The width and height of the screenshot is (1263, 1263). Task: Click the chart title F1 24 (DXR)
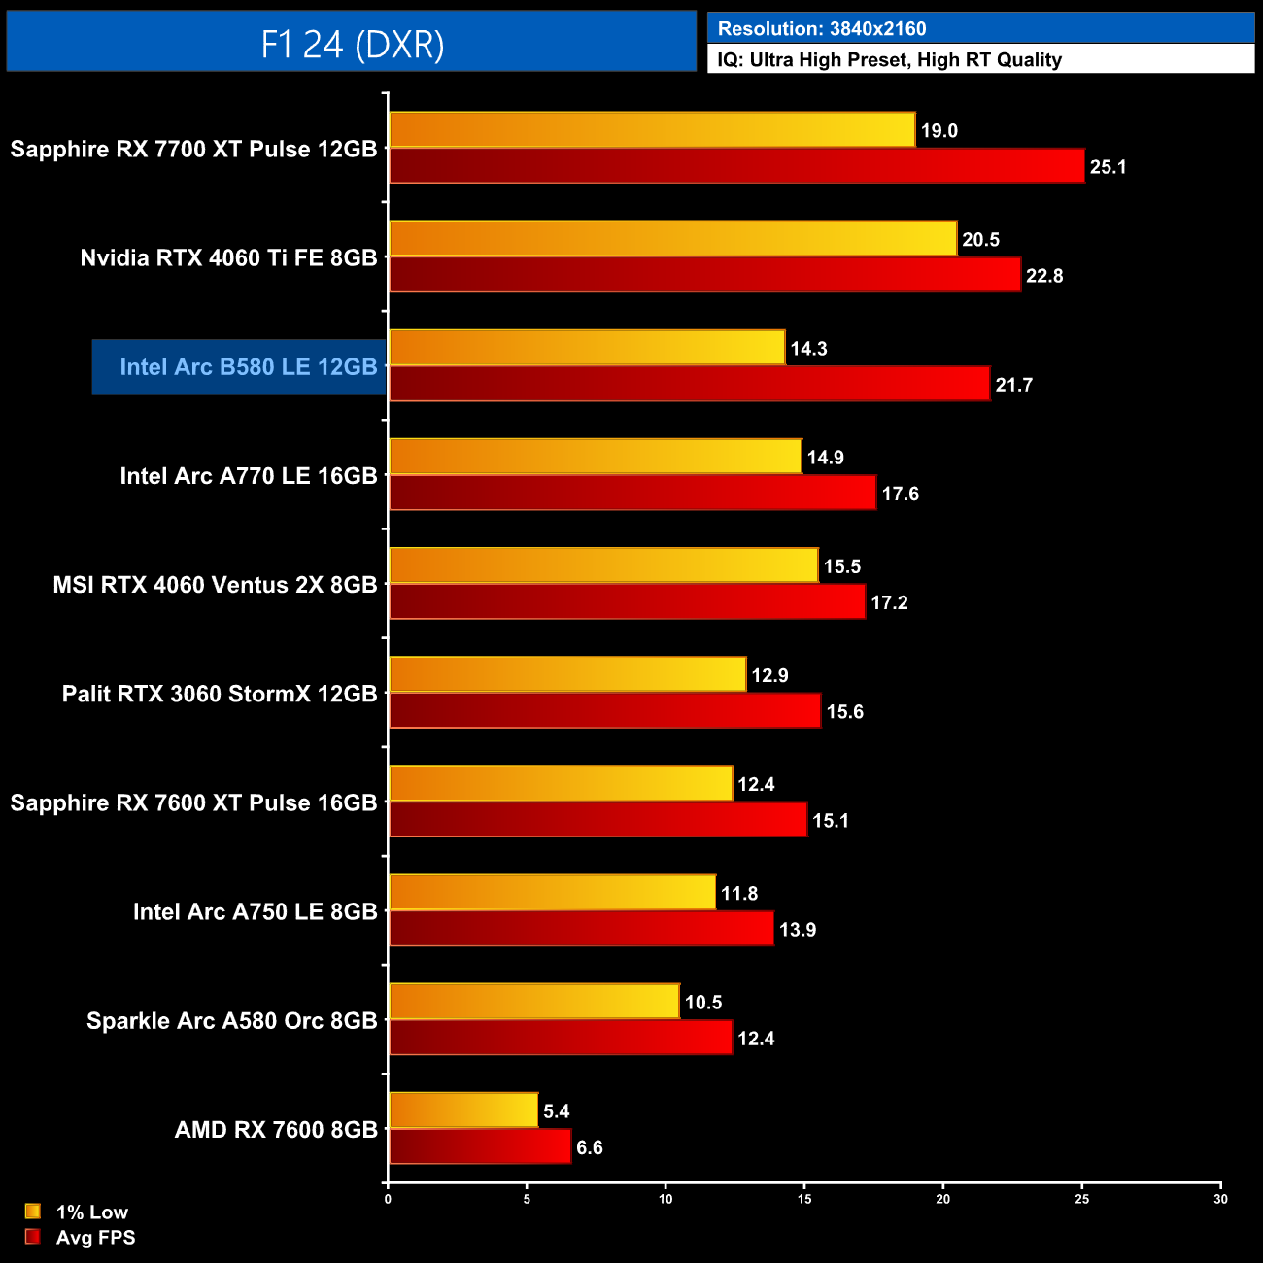[x=352, y=44]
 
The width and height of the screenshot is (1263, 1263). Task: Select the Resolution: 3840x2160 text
[x=821, y=29]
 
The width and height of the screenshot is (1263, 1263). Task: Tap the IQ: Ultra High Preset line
[x=889, y=60]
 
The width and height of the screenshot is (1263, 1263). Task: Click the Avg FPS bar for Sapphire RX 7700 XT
[x=736, y=166]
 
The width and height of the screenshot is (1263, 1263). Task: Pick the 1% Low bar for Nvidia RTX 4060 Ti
[x=672, y=239]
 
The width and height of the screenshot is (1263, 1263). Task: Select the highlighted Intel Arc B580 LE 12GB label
[x=248, y=367]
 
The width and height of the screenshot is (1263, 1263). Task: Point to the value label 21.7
[x=1013, y=385]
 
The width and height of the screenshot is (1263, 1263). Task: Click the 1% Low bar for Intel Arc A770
[x=596, y=457]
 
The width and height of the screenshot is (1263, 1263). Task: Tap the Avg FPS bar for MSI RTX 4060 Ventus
[x=627, y=602]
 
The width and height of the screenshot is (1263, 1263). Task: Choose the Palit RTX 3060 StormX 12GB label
[x=220, y=694]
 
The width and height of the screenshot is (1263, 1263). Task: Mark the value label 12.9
[x=769, y=675]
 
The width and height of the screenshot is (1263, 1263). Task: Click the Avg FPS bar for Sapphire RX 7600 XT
[x=597, y=820]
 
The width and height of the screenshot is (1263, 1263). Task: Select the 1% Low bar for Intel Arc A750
[x=552, y=893]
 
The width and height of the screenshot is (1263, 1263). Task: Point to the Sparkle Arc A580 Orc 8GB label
[x=231, y=1021]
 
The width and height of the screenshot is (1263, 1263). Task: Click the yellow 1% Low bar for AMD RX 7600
[x=463, y=1110]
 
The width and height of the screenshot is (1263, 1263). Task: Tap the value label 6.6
[x=589, y=1147]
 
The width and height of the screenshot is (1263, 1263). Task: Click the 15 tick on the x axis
[x=804, y=1199]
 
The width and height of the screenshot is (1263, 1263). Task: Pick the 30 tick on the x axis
[x=1220, y=1199]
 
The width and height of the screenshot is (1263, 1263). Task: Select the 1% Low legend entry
[x=78, y=1212]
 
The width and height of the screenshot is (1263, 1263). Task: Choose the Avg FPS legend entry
[x=82, y=1237]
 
